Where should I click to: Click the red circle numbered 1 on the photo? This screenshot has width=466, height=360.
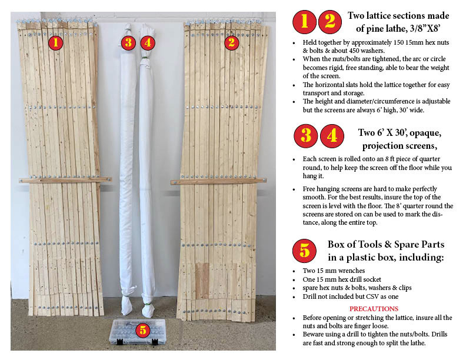[55, 43]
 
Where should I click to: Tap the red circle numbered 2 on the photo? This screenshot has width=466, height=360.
[231, 43]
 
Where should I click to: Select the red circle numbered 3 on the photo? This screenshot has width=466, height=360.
[128, 43]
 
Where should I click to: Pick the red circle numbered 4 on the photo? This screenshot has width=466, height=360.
[148, 43]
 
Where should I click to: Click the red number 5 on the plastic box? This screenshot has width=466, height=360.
[143, 329]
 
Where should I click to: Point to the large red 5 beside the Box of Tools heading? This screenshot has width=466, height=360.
[304, 251]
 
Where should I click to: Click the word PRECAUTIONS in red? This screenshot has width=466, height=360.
[374, 309]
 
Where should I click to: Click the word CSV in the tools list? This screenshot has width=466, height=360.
[372, 296]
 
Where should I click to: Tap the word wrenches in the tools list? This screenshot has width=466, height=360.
[351, 271]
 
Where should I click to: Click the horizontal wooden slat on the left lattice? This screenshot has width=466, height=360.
[65, 179]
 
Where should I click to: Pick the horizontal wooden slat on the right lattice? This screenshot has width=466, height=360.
[218, 181]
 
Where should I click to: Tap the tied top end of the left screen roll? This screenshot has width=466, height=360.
[128, 29]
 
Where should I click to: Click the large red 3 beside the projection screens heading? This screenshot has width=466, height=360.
[306, 136]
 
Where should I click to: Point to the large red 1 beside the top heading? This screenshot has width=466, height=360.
[304, 22]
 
